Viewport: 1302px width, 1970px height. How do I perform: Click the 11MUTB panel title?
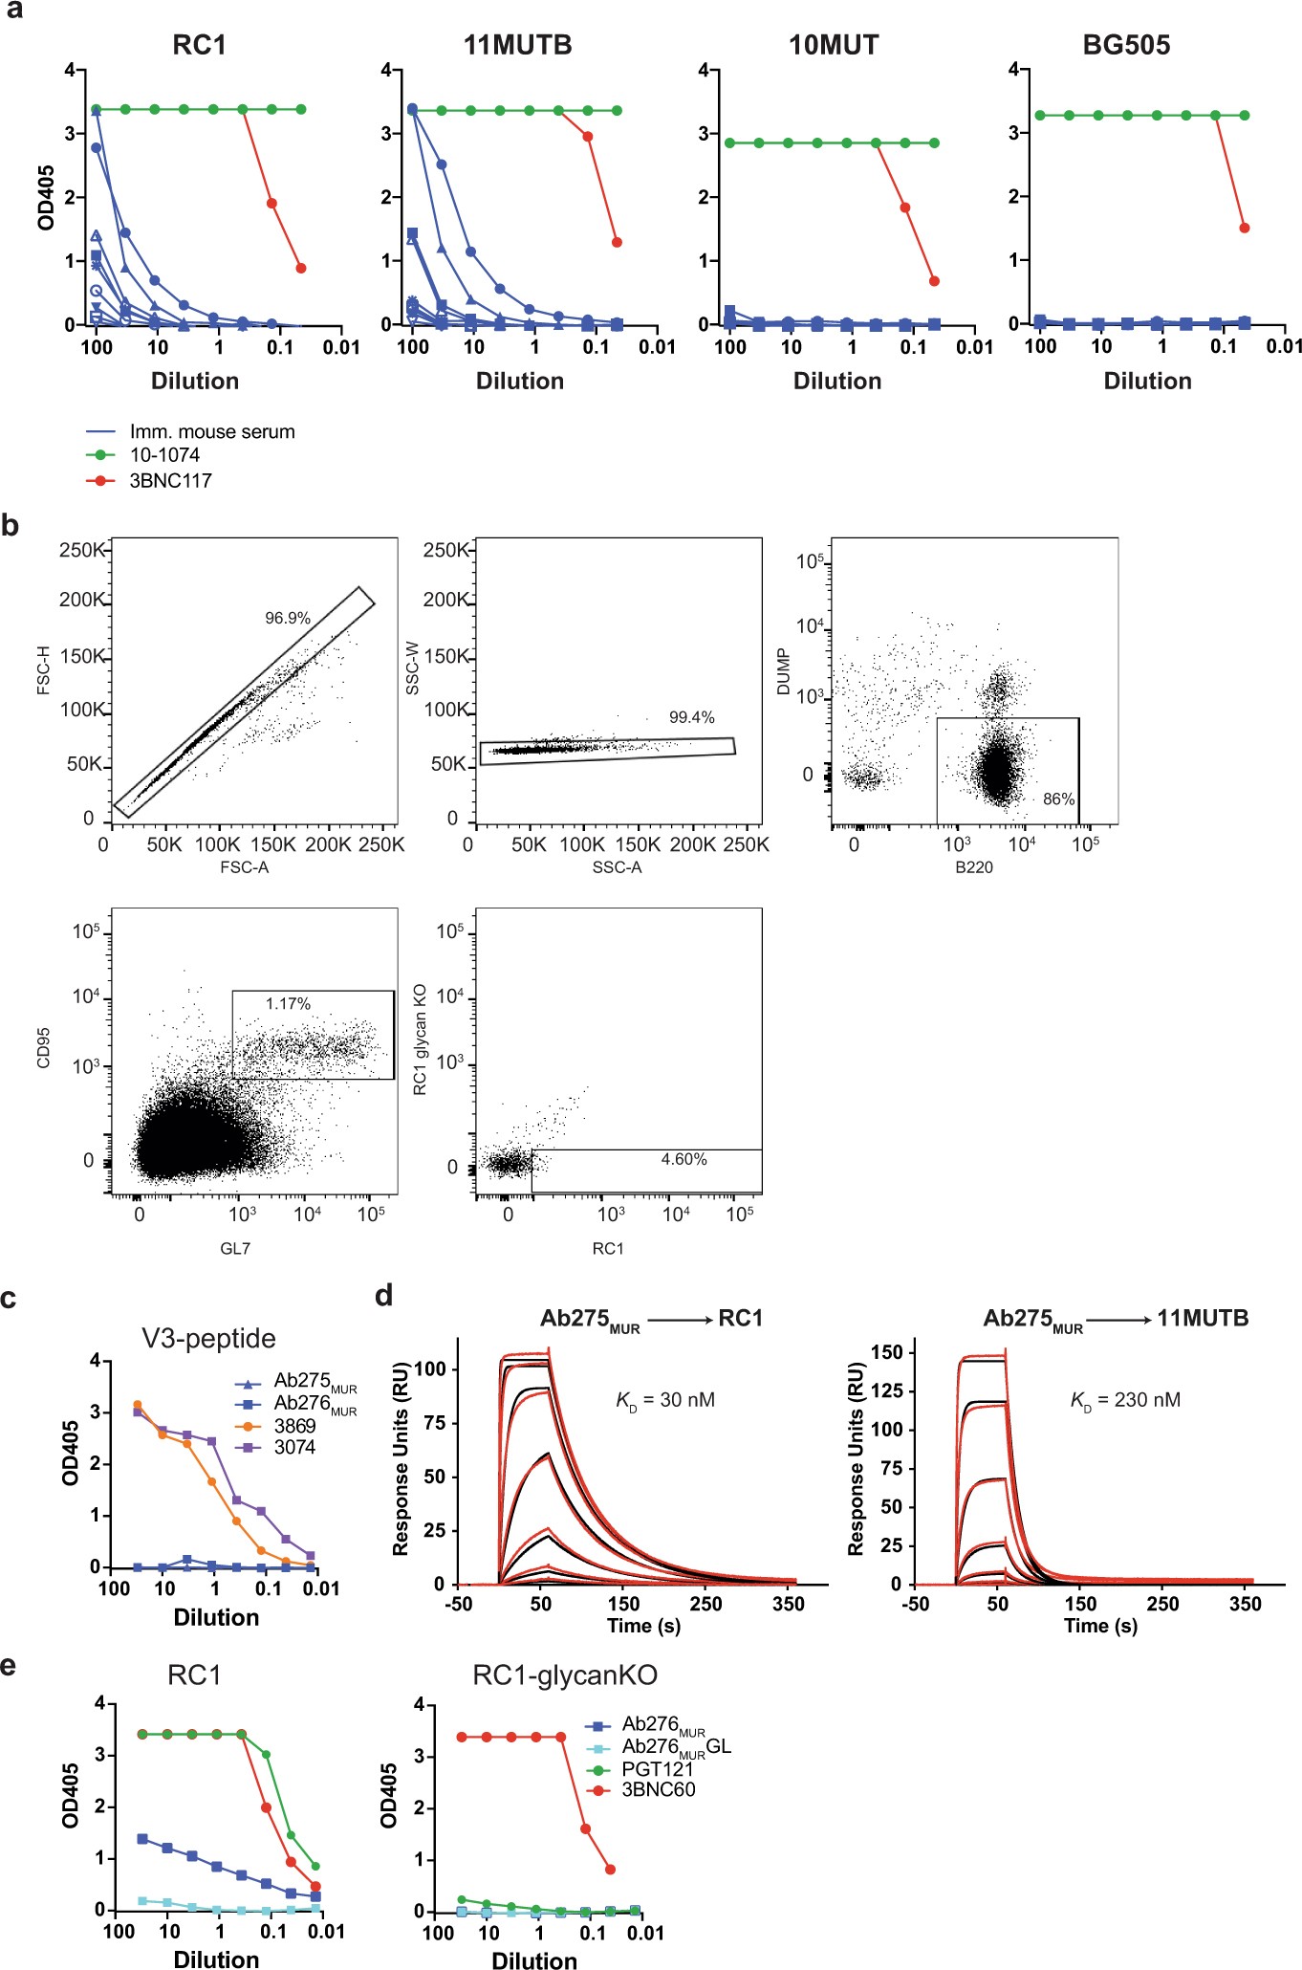517,45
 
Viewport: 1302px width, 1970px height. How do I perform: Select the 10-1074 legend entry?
163,455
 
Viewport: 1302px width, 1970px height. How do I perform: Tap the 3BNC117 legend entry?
170,480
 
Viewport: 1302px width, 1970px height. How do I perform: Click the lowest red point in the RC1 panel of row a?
301,268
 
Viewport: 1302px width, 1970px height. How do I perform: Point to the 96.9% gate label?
288,618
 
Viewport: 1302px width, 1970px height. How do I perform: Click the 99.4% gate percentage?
691,717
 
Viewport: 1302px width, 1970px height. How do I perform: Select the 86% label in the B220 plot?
1058,799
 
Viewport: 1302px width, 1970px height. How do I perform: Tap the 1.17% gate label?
288,1003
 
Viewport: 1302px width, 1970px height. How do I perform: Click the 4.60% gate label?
684,1159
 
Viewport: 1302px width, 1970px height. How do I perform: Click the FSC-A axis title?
244,867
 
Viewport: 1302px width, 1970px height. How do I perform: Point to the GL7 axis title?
235,1248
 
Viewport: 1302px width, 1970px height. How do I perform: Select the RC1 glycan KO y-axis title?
420,1039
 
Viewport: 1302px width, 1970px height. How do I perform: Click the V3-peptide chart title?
208,1338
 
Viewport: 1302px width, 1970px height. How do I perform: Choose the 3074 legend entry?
293,1447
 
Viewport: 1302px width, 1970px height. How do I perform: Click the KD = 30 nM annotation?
665,1400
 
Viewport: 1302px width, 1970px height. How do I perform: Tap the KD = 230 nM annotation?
1125,1400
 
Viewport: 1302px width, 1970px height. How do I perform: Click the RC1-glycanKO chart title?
564,1674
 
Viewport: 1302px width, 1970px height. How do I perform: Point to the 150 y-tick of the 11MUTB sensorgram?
887,1352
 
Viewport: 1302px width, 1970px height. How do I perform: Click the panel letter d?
384,1296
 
